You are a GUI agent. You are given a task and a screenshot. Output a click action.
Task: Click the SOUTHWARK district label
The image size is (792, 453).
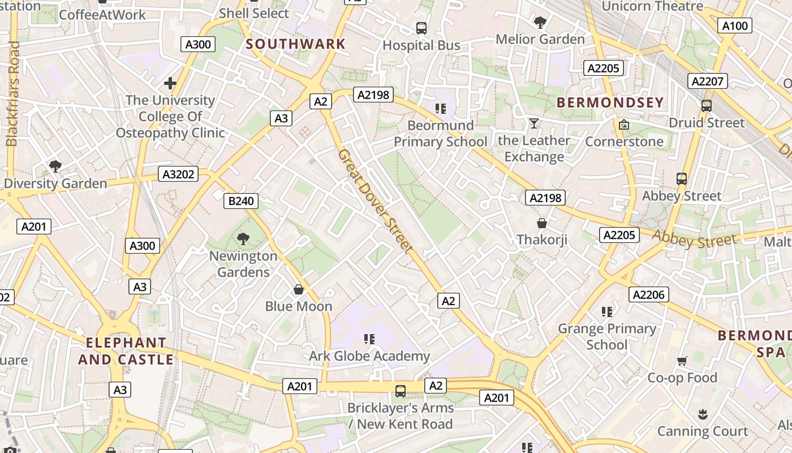[295, 44]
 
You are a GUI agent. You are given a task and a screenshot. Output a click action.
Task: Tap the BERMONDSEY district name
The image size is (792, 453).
[610, 102]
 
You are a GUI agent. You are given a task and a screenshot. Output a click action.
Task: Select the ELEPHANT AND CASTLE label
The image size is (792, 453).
[126, 351]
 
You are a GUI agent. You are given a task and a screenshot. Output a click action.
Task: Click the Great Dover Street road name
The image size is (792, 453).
[375, 201]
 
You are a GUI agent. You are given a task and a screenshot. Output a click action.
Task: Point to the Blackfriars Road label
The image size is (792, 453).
[12, 93]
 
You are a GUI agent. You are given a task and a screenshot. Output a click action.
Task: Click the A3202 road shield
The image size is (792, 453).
[178, 174]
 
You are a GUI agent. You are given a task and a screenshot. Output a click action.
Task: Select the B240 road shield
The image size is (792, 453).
[241, 200]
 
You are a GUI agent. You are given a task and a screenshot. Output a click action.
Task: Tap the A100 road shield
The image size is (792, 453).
[735, 25]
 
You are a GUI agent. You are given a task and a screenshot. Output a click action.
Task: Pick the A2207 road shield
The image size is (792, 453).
[707, 82]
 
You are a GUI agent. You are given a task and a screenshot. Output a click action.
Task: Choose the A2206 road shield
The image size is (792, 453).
[648, 294]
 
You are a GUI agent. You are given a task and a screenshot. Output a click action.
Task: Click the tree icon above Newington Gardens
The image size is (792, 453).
[243, 239]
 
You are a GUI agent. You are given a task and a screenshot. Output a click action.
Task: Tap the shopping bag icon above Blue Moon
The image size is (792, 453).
[299, 290]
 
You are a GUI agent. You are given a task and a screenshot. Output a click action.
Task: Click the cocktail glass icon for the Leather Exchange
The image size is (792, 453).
[533, 123]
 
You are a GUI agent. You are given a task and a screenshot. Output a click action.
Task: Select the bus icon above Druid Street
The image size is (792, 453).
[706, 106]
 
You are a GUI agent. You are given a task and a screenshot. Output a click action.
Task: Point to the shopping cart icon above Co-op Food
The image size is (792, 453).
[682, 361]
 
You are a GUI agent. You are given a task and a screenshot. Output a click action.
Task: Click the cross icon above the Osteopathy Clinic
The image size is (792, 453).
[170, 84]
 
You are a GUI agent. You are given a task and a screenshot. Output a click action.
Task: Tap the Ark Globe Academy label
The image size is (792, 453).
[369, 356]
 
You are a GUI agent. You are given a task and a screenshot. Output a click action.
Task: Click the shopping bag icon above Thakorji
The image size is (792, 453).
[542, 223]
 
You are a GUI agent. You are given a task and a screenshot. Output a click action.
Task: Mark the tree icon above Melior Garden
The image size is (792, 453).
[540, 23]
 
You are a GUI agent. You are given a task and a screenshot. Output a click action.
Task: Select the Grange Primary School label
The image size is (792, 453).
[607, 336]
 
